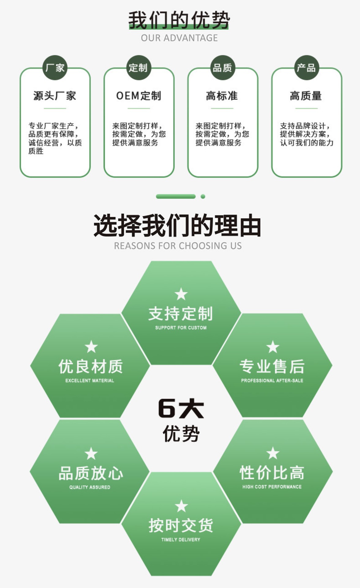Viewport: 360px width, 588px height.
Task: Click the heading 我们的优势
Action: point(179,20)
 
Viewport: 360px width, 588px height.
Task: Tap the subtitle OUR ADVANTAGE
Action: point(179,38)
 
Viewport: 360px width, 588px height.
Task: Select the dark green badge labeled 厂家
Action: point(55,68)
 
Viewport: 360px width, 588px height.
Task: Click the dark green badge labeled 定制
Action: point(139,68)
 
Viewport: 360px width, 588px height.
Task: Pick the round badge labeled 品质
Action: point(222,68)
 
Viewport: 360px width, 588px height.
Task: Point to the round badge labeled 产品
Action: point(306,68)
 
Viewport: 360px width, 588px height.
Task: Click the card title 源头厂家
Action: point(55,96)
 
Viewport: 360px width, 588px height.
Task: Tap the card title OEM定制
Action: point(139,96)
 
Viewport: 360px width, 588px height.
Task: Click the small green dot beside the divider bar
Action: point(203,197)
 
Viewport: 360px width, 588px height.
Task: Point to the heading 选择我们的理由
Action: point(177,226)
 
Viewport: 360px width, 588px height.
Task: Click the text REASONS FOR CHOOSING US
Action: point(178,246)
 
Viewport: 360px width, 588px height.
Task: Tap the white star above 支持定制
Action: point(181,294)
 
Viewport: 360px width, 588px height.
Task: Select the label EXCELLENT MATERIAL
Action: point(90,381)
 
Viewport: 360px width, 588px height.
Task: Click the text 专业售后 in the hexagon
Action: point(272,367)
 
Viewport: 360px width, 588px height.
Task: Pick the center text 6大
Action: point(181,408)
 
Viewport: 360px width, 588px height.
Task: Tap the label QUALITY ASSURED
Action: point(90,487)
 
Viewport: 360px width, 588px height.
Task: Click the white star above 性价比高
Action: point(273,453)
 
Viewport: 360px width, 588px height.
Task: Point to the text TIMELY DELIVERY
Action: point(181,540)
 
